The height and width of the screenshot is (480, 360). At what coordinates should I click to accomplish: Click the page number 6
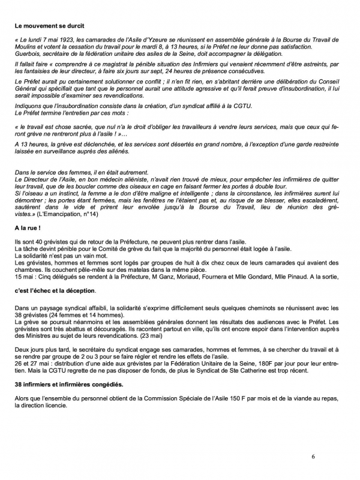[x=313, y=457]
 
